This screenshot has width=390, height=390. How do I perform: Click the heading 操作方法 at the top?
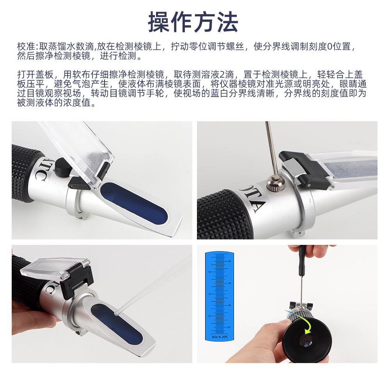[193, 22]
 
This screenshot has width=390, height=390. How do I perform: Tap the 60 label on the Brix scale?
[230, 261]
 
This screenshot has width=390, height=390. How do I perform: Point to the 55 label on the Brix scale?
[210, 272]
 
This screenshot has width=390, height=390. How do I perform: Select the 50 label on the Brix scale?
[230, 283]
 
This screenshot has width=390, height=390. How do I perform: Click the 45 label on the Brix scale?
[210, 294]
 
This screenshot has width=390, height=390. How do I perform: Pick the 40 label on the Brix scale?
[230, 305]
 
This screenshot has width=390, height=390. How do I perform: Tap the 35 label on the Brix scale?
[210, 316]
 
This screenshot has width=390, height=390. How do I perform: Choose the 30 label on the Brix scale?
[230, 327]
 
